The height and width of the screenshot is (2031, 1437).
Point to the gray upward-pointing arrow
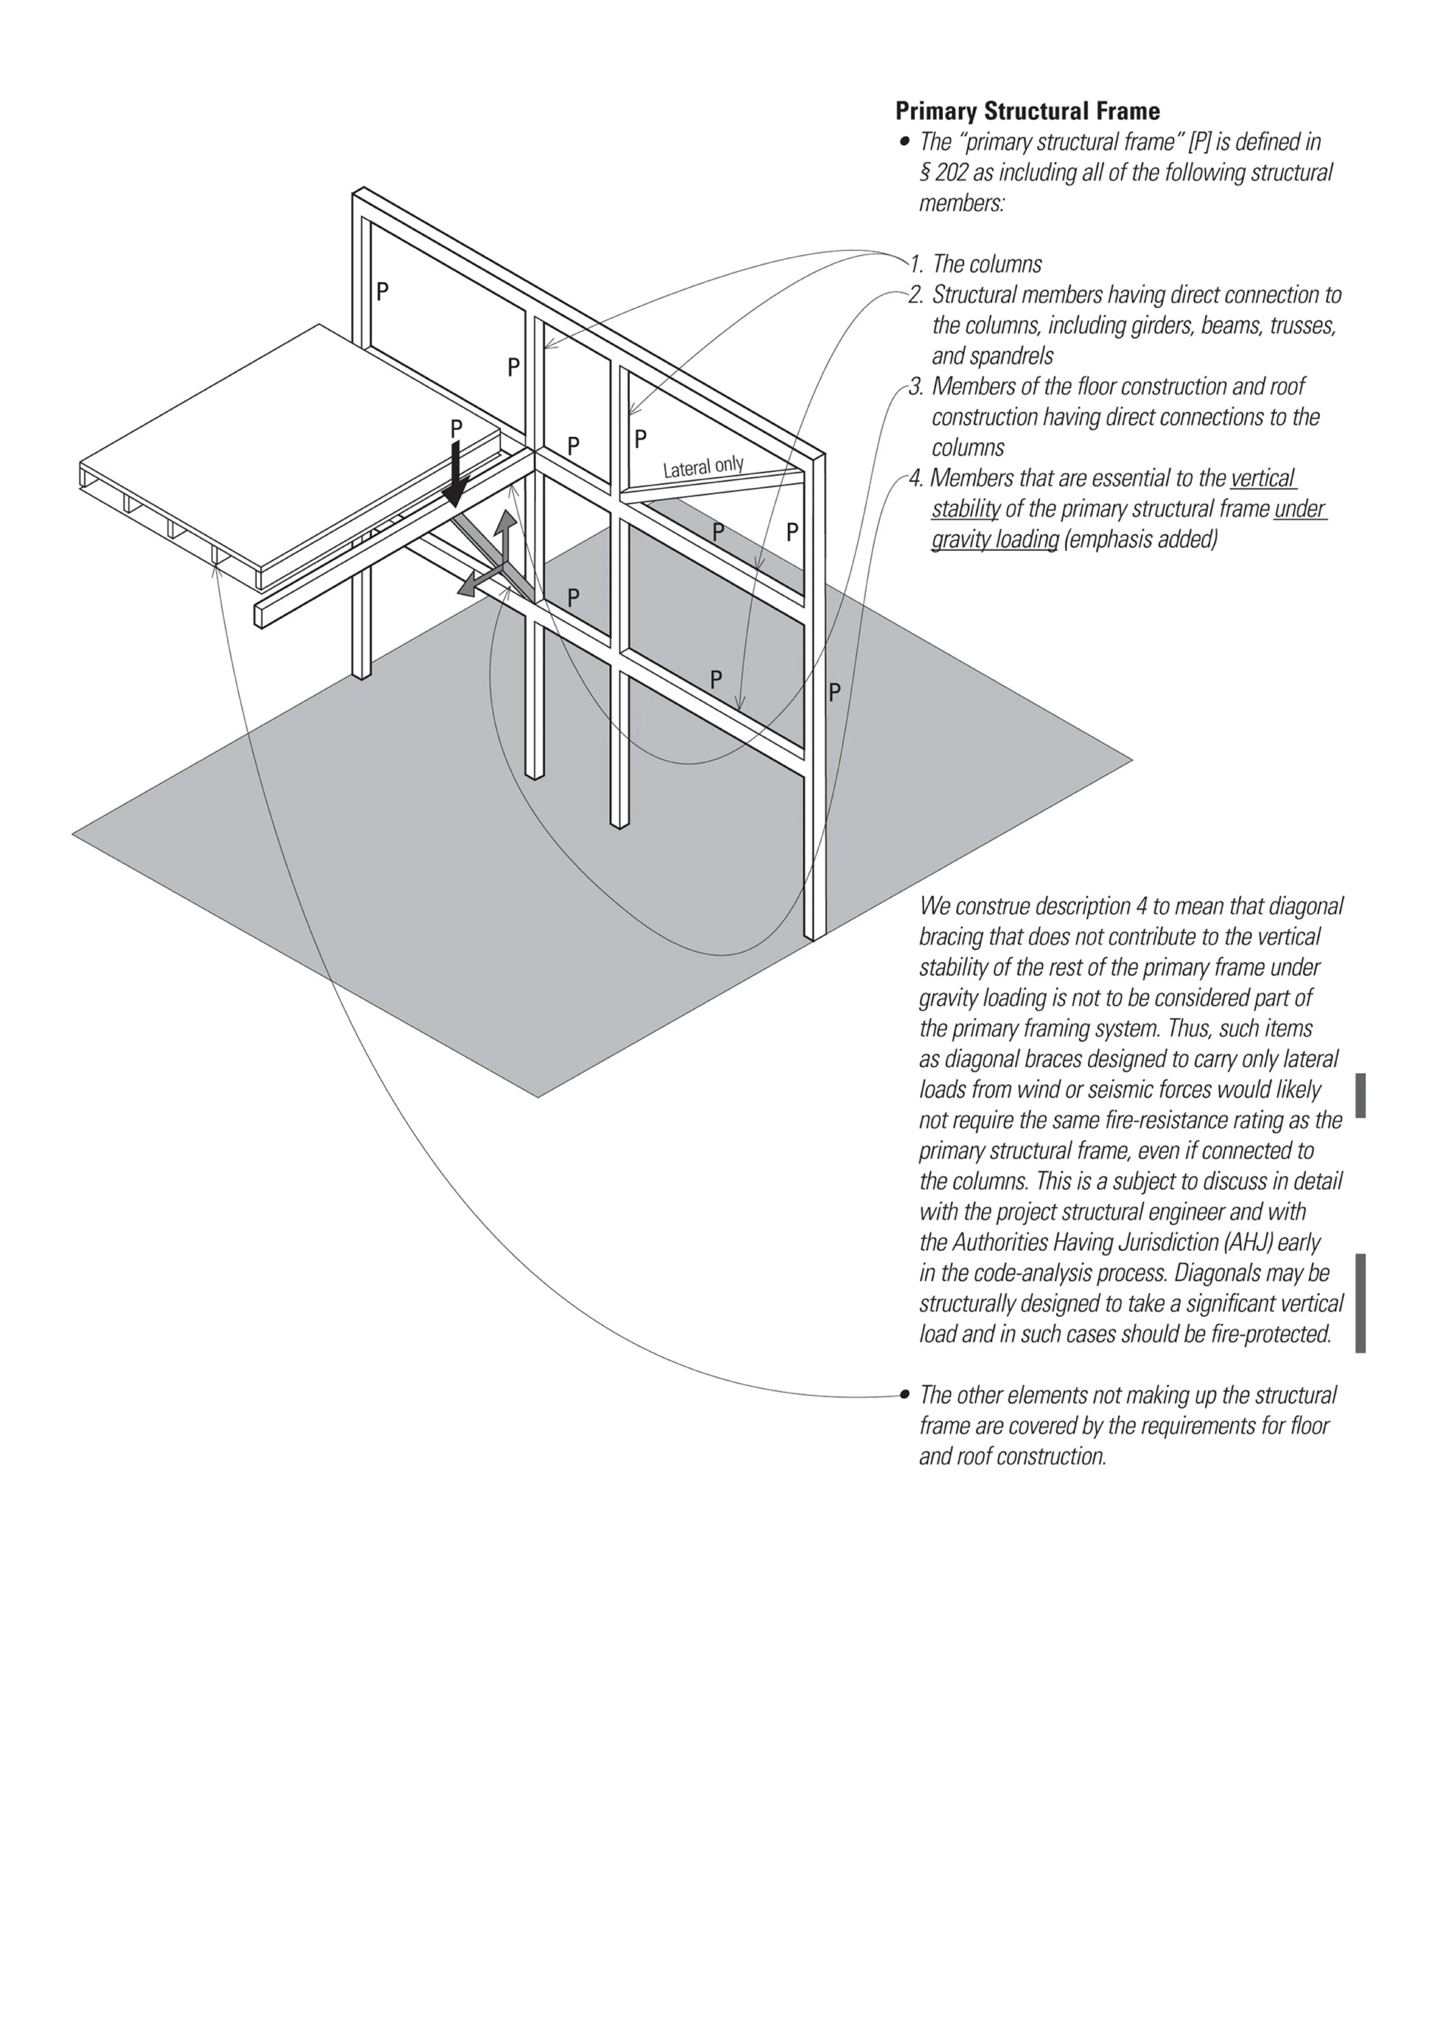[x=505, y=536]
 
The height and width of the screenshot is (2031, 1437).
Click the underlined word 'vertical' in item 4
[x=1263, y=479]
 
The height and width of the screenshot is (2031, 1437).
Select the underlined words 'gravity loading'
[x=995, y=540]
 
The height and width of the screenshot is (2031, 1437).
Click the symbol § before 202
[x=925, y=172]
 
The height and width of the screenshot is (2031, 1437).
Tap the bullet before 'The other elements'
[x=904, y=1395]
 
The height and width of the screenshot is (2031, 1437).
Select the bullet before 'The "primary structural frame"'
[x=904, y=141]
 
